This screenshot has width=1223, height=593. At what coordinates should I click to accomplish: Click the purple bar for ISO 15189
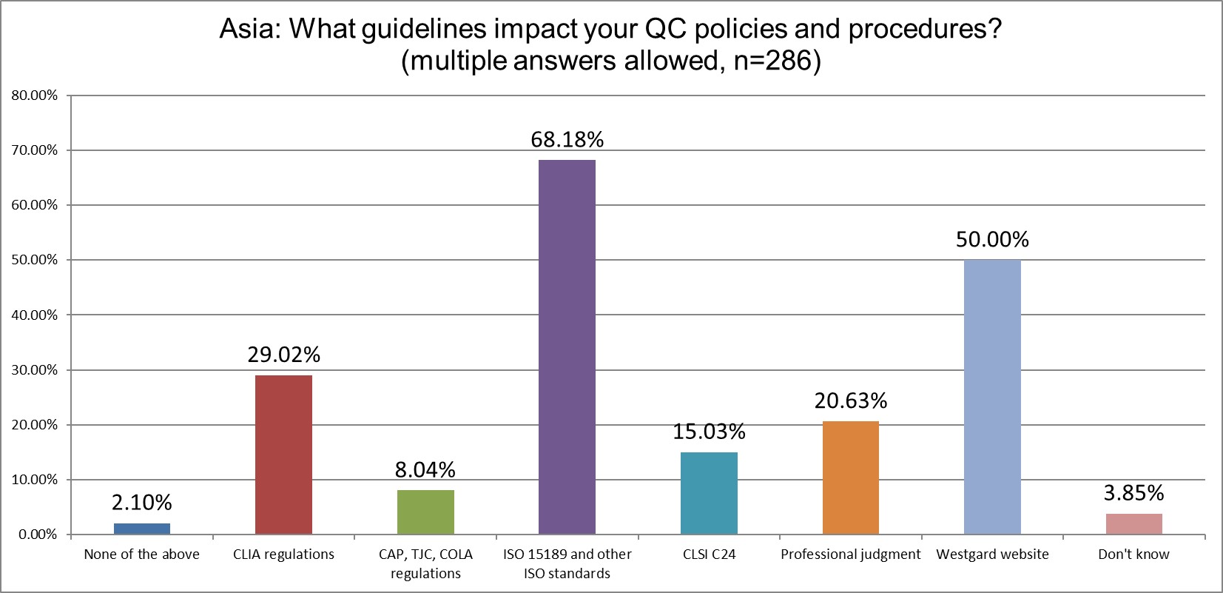tap(567, 346)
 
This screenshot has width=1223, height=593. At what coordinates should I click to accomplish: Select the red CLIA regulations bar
tap(283, 455)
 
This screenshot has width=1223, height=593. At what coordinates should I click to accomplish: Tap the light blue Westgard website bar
tap(992, 397)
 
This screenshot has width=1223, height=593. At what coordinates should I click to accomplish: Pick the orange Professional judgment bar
tap(850, 478)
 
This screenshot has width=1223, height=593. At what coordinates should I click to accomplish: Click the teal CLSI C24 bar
tap(709, 493)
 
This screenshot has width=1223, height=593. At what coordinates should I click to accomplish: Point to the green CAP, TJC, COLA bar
tap(425, 512)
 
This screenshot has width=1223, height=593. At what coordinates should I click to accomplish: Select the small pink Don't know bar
tap(1133, 523)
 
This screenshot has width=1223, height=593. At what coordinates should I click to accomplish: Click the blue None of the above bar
tap(141, 529)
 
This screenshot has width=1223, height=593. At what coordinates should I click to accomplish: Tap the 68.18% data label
tap(567, 139)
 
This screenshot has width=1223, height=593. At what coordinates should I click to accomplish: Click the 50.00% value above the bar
tap(992, 239)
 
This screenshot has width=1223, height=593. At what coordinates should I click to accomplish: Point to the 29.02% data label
tap(283, 355)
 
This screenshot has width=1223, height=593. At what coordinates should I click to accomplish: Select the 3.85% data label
tap(1133, 492)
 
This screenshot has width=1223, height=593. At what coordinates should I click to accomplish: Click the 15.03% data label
tap(709, 431)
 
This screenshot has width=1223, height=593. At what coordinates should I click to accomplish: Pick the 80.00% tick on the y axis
tap(34, 96)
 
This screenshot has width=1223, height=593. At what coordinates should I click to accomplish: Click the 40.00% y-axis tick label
tap(34, 315)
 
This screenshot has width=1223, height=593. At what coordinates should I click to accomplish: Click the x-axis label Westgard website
tap(992, 555)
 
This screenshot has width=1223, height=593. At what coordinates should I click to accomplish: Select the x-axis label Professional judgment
tap(850, 555)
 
